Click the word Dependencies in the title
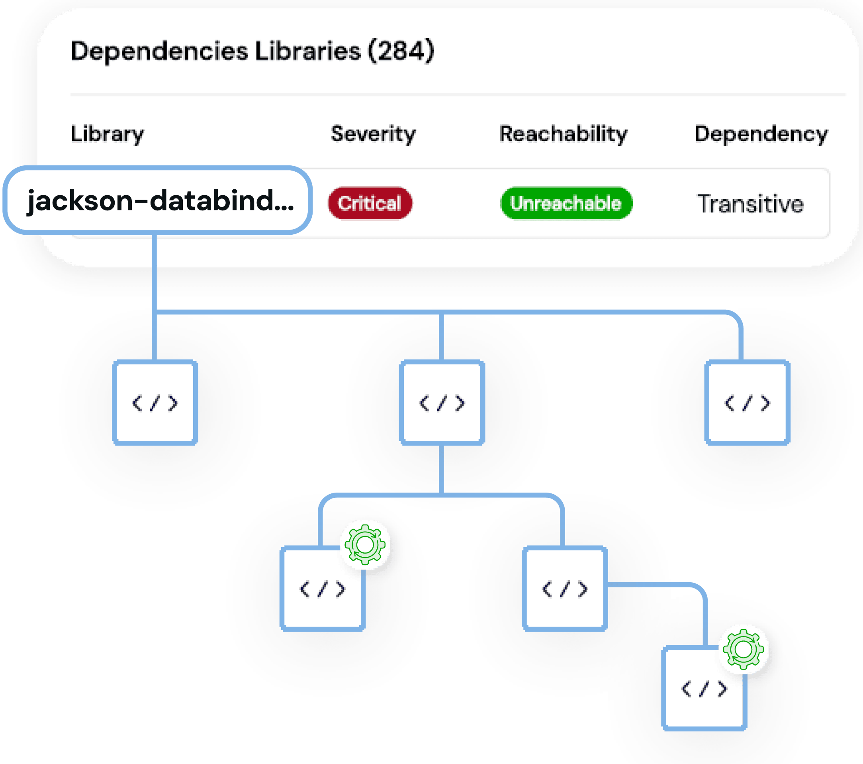159,51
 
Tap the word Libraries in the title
308,51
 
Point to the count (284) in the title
401,51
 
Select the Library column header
107,134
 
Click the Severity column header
373,134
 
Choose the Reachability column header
564,134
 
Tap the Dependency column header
761,134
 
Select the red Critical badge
370,203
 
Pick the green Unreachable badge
566,203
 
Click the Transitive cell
750,204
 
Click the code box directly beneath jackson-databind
155,402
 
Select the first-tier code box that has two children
442,402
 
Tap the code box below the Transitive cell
747,402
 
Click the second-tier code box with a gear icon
322,588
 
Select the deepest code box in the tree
704,688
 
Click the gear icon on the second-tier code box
365,544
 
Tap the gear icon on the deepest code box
744,649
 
